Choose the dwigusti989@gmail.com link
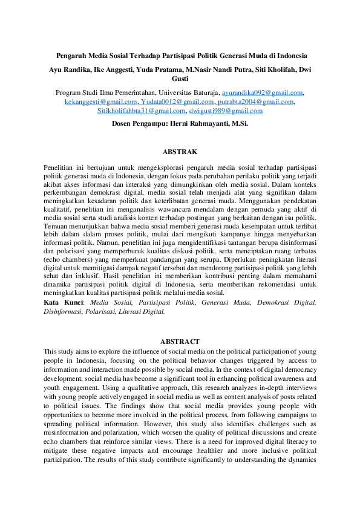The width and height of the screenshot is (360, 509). [x=226, y=111]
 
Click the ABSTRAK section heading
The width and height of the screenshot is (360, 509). [x=180, y=151]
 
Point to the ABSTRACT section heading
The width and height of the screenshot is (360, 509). [x=180, y=342]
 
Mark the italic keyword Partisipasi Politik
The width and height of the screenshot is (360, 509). [x=167, y=302]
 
